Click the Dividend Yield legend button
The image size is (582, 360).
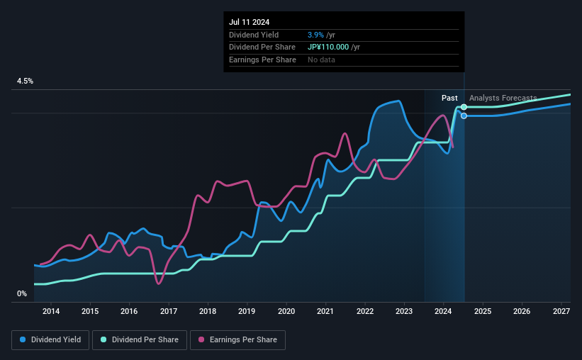tap(51, 340)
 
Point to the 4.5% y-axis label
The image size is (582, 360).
tap(26, 81)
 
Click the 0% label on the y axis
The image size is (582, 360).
tap(22, 293)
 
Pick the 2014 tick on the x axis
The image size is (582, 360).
tap(50, 311)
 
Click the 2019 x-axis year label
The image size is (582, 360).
tap(247, 311)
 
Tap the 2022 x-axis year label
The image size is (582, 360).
tap(364, 311)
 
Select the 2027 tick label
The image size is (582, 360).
tap(561, 311)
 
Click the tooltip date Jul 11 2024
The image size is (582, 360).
tap(249, 22)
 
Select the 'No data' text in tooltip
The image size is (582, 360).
tap(321, 60)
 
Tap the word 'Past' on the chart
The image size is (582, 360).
tap(449, 98)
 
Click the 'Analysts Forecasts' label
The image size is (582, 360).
tap(503, 98)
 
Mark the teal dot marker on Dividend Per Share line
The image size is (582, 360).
tap(464, 107)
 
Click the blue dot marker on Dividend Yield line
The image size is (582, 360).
tap(464, 116)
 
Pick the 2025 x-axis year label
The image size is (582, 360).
tap(482, 311)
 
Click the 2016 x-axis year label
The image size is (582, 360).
tap(129, 311)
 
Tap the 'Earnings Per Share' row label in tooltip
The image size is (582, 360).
tap(262, 60)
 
